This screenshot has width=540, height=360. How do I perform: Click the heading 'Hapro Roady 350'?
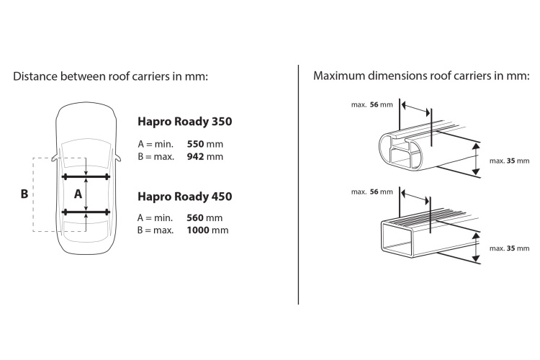coord(184,122)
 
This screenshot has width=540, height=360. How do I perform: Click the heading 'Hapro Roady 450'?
coord(184,197)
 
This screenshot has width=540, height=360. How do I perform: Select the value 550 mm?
coord(205,144)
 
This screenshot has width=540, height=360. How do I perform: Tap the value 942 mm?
coord(205,157)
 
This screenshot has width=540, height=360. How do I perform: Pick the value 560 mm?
coord(204,217)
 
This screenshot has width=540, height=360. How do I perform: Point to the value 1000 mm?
coord(207,230)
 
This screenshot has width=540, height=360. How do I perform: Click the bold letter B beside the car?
coord(24,194)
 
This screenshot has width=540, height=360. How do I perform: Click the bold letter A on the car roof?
coord(78,194)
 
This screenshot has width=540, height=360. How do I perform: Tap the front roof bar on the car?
coord(86,177)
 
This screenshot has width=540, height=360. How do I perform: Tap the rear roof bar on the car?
coord(86,212)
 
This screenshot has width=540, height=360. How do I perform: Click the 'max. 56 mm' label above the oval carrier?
coord(372,104)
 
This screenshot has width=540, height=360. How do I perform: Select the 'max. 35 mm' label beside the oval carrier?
coord(509,161)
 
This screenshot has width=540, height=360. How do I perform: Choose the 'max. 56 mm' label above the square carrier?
coord(372,192)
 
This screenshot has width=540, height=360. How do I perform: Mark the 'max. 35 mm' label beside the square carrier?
coord(509,248)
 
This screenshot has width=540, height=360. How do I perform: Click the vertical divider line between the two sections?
coord(298,184)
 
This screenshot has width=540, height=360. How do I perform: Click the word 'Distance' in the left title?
coord(35,76)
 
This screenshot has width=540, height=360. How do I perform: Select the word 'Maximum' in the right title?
coord(339,76)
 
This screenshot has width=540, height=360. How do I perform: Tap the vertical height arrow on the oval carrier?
coord(476,159)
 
